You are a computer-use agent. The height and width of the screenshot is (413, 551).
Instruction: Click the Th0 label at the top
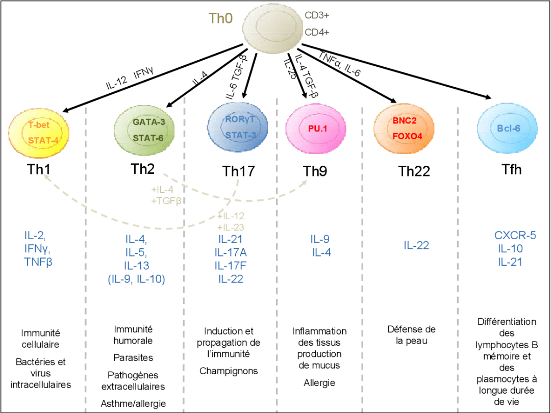click(220, 18)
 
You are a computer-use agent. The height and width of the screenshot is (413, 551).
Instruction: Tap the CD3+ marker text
click(317, 15)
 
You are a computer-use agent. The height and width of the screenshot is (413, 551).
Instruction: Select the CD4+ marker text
click(317, 32)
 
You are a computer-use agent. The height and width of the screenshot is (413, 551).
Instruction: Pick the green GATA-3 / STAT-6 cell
click(144, 130)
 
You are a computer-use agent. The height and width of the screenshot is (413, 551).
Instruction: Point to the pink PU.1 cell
click(317, 129)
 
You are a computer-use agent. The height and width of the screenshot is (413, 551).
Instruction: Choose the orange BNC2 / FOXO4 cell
click(404, 128)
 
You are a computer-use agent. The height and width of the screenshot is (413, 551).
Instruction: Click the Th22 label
click(414, 171)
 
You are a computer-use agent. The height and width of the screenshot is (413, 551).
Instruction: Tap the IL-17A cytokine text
click(231, 252)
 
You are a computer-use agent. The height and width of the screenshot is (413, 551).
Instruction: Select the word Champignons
click(229, 371)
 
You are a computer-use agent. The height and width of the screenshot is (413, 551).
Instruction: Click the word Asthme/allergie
click(133, 403)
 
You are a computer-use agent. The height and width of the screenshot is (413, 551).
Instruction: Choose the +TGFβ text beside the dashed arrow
click(166, 200)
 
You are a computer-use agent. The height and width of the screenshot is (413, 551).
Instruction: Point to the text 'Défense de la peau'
click(411, 334)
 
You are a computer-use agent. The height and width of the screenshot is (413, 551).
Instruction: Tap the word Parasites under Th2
click(133, 357)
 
